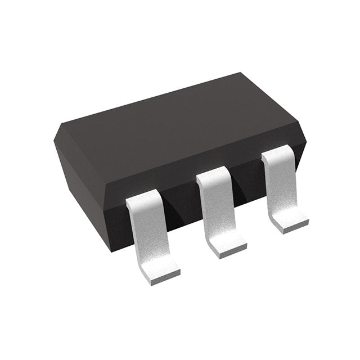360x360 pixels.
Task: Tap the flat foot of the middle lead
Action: (228, 245)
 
